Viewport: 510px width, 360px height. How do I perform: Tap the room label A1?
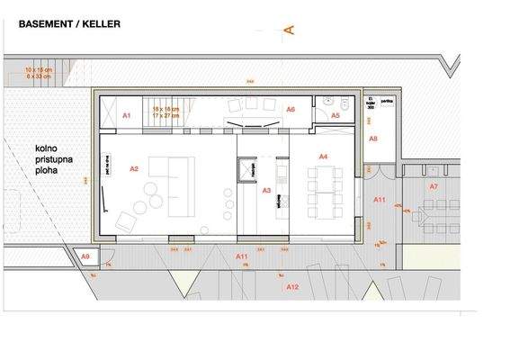pyautogui.click(x=127, y=116)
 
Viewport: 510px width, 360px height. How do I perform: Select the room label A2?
pyautogui.click(x=134, y=168)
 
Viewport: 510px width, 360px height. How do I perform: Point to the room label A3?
pyautogui.click(x=266, y=191)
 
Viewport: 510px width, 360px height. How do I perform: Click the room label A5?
pyautogui.click(x=335, y=116)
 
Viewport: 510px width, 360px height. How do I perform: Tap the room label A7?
pyautogui.click(x=433, y=186)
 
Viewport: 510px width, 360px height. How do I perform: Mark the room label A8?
pyautogui.click(x=373, y=139)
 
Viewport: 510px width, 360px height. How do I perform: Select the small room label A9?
pyautogui.click(x=86, y=257)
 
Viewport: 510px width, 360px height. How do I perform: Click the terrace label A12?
pyautogui.click(x=291, y=286)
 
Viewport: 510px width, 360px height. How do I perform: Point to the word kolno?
pyautogui.click(x=48, y=146)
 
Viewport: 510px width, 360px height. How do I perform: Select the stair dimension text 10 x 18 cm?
pyautogui.click(x=40, y=69)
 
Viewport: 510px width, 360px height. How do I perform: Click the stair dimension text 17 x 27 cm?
pyautogui.click(x=166, y=115)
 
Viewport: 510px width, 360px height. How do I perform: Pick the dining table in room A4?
pyautogui.click(x=321, y=188)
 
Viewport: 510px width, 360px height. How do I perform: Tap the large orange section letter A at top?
pyautogui.click(x=289, y=30)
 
